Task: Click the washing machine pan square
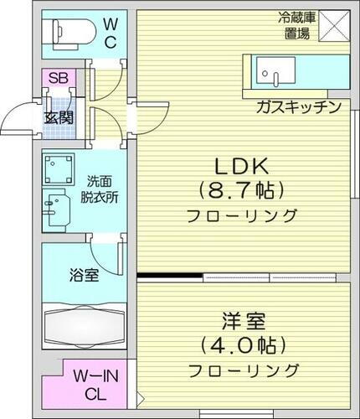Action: tap(58, 170)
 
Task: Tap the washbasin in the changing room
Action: tap(57, 208)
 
